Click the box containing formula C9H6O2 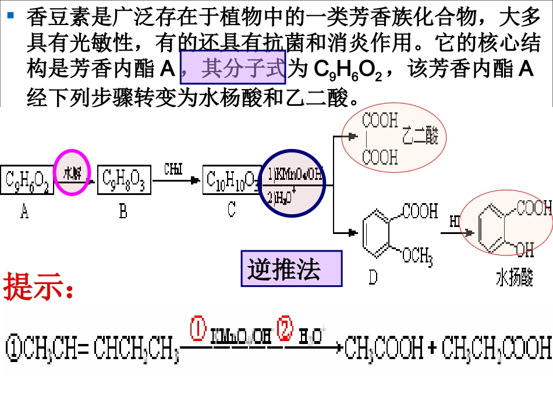tap(26, 180)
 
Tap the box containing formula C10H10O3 tap(231, 180)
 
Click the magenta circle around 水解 tap(72, 173)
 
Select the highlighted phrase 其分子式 tap(235, 70)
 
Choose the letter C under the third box tap(231, 209)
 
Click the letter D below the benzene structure tap(373, 277)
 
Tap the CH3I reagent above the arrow tap(173, 169)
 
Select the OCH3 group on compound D tap(417, 254)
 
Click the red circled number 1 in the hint tap(198, 329)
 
